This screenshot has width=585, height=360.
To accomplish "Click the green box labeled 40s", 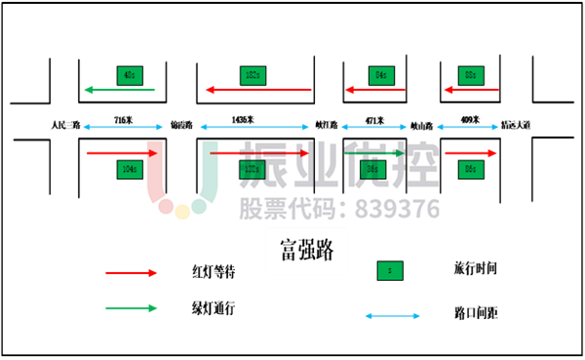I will pyautogui.click(x=130, y=75).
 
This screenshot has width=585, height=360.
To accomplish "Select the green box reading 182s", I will pyautogui.click(x=253, y=75).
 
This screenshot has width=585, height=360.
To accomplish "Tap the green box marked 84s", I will pyautogui.click(x=381, y=75).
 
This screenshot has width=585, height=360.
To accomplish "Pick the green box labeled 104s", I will pyautogui.click(x=130, y=169).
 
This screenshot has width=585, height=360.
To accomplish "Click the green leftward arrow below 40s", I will pyautogui.click(x=120, y=90).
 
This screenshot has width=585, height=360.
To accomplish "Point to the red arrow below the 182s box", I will pyautogui.click(x=258, y=90).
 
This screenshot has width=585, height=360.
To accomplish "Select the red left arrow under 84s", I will pyautogui.click(x=374, y=90).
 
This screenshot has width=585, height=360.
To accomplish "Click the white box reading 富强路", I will pyautogui.click(x=306, y=251).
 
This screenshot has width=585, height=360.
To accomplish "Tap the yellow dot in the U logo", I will pyautogui.click(x=182, y=212).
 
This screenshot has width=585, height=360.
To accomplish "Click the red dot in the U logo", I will pyautogui.click(x=166, y=207).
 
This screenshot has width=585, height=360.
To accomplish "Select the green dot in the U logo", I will pyautogui.click(x=199, y=207).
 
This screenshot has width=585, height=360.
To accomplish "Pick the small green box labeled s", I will pyautogui.click(x=390, y=270).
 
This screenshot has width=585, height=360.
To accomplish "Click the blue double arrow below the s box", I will pyautogui.click(x=393, y=315).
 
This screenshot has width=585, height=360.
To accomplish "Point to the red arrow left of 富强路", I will pyautogui.click(x=131, y=273).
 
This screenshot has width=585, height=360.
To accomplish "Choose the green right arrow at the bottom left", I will pyautogui.click(x=131, y=308).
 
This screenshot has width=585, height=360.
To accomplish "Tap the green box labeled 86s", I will pyautogui.click(x=471, y=169).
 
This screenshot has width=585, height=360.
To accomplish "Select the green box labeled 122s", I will pyautogui.click(x=253, y=169).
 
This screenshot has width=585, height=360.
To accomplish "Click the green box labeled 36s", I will pyautogui.click(x=372, y=169).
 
